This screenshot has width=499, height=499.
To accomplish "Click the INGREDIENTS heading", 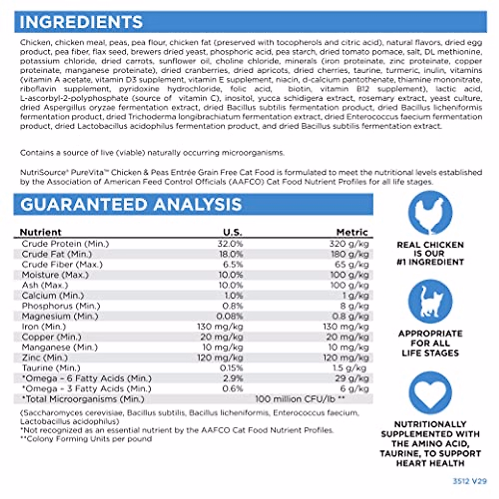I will pos(81,22).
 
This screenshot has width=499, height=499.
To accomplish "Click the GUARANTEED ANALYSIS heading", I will pos(131,205).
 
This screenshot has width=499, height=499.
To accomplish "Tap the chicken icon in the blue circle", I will pos(430,213).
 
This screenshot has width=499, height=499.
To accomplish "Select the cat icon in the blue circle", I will pos(430,302).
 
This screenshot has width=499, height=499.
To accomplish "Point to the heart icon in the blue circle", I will pos(430,393).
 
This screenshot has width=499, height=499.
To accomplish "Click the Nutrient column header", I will pos(41,232).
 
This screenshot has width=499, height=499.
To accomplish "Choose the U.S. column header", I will pos(232,232).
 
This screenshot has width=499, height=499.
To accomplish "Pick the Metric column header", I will pos(352,232).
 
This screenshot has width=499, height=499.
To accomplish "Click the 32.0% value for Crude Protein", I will pos(231,244).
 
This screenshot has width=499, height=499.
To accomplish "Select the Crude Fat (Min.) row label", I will pos(57,254).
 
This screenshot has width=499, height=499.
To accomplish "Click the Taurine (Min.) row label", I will pos(51,368).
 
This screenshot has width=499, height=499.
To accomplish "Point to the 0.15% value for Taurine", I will pos(231,368).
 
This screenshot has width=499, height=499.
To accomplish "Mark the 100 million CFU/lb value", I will pos(300,399).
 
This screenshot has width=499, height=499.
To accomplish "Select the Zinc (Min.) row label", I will pos(45,358).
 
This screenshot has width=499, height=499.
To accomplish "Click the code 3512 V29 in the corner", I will pos(469,481).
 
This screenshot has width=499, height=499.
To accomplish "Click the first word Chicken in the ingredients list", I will pos(35,42).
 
